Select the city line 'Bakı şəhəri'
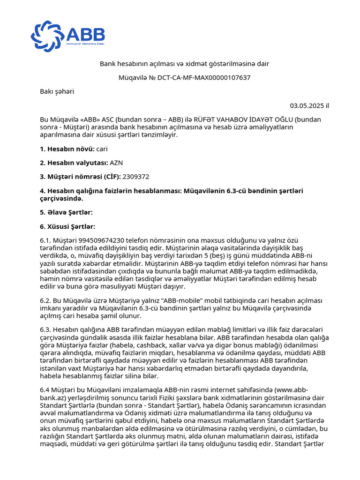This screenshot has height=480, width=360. (x=57, y=91)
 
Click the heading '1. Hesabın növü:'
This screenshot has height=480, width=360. (x=67, y=149)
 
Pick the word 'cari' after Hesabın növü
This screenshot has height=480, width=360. (x=102, y=149)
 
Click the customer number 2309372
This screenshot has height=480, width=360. (x=136, y=177)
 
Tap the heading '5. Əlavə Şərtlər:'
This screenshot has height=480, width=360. (x=66, y=212)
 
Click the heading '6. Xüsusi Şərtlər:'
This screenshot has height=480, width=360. (x=67, y=226)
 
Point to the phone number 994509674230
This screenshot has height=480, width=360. (x=91, y=240)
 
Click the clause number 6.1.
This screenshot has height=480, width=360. (x=46, y=240)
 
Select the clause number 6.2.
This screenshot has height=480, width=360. (x=46, y=300)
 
